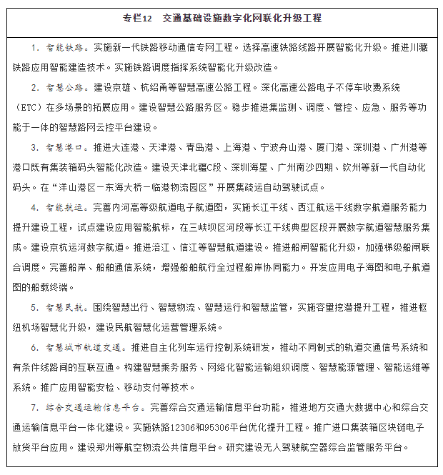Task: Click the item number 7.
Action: click(x=34, y=408)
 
